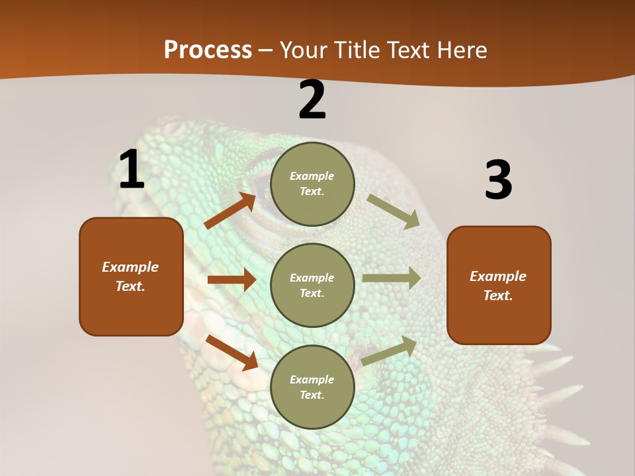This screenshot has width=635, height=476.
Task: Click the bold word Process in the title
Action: point(208,50)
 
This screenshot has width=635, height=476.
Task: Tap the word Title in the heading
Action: point(355,50)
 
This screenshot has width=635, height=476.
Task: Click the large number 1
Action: point(132,170)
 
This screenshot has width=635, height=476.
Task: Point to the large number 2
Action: point(312,100)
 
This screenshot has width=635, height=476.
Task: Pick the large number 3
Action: point(498,180)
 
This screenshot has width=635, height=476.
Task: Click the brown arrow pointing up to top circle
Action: point(230,211)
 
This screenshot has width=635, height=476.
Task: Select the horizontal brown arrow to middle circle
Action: point(231,280)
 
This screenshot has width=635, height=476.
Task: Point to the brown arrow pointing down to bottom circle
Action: point(232,352)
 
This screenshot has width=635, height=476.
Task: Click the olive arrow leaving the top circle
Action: point(394,211)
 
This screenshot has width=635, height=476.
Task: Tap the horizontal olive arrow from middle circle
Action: point(391,278)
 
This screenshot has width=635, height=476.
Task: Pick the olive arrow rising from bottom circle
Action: point(389,351)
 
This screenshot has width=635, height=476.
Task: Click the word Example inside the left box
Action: point(130,267)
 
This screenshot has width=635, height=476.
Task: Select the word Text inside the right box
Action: point(497,296)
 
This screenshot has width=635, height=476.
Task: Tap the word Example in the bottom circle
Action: point(312,379)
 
